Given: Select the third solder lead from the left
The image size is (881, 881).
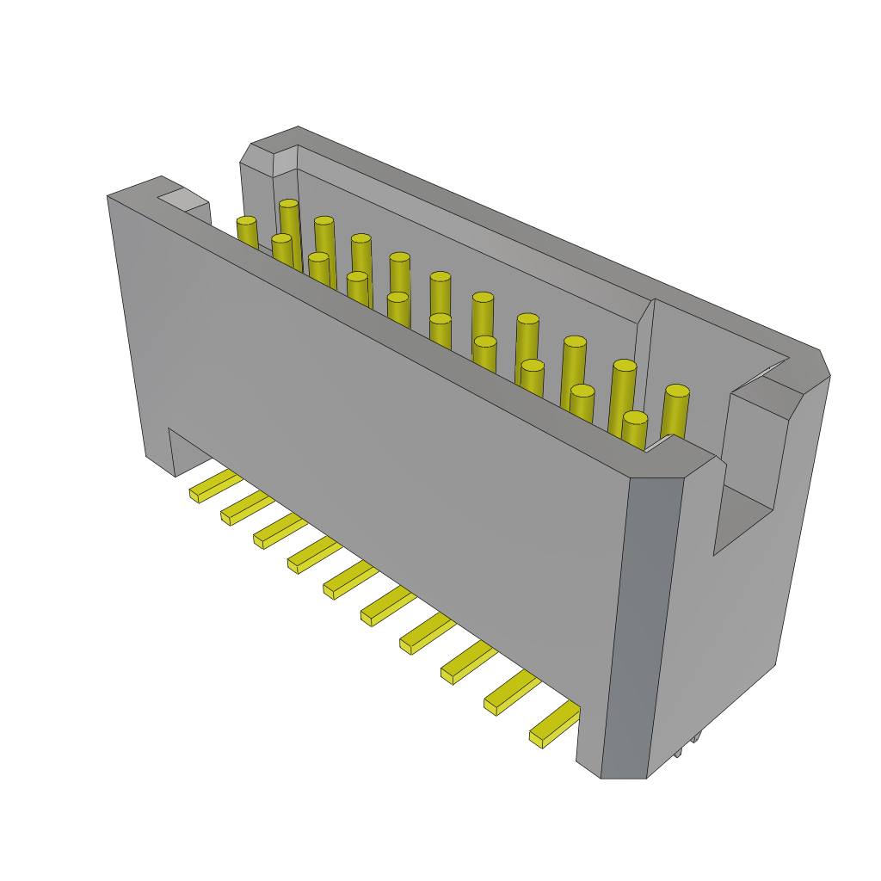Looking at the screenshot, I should tap(278, 531).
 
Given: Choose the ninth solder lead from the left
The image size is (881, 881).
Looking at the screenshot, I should tap(510, 693).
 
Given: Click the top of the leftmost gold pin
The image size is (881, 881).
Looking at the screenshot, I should tap(246, 221).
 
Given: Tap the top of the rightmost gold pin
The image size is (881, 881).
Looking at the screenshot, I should tap(677, 391).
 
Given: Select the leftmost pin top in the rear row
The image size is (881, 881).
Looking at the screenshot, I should tap(289, 204).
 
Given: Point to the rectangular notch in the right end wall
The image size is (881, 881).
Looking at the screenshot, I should tap(745, 516).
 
